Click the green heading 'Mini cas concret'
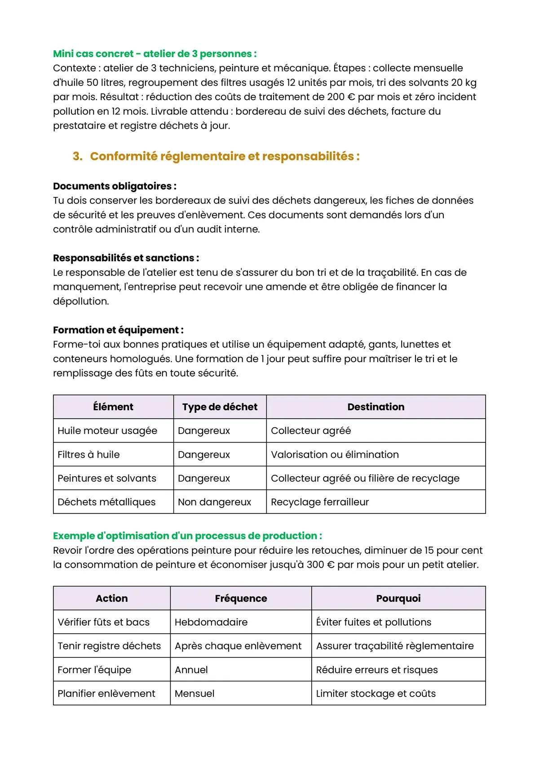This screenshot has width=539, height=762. click(155, 54)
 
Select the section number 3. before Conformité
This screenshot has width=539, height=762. click(78, 156)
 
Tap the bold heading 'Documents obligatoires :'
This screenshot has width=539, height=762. click(115, 186)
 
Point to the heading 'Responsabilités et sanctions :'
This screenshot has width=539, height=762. click(126, 258)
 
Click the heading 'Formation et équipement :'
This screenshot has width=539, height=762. click(118, 330)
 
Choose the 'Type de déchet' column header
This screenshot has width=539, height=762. click(220, 407)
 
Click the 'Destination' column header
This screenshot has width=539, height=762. click(376, 407)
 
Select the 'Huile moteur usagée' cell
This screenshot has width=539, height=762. click(107, 431)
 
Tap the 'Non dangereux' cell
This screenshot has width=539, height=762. click(214, 502)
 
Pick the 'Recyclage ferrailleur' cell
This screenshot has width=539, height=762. click(319, 502)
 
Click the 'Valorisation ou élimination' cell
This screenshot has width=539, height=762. click(335, 455)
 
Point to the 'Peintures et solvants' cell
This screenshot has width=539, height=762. click(107, 478)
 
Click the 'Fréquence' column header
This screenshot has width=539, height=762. click(241, 599)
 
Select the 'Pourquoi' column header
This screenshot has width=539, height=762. click(398, 599)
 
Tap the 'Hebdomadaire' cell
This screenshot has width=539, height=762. click(211, 622)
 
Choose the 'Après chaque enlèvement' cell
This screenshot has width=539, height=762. click(238, 646)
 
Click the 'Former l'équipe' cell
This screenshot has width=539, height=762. click(94, 670)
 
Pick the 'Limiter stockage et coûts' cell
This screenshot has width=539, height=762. click(376, 694)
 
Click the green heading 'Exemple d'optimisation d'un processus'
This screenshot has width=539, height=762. click(187, 536)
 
